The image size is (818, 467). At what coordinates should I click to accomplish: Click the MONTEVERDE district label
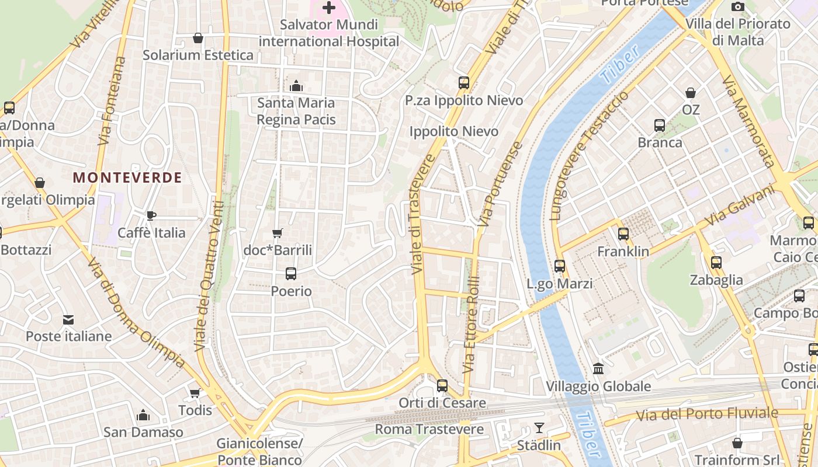tap(127, 177)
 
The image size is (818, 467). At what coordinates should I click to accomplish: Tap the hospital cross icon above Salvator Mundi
tap(329, 8)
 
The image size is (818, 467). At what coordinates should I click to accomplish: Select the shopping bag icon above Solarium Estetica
tap(198, 38)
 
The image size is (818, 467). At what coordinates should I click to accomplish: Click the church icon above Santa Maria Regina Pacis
tap(296, 86)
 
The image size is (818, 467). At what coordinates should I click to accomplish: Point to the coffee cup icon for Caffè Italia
tap(151, 216)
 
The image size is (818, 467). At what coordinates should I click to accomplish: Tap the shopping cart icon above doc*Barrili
tap(278, 233)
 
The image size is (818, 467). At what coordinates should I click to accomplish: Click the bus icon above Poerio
tap(291, 273)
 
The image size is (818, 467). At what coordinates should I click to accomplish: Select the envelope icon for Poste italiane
tap(68, 319)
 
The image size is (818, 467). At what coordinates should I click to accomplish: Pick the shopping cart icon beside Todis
tap(195, 393)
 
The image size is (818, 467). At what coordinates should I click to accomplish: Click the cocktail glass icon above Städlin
tap(539, 428)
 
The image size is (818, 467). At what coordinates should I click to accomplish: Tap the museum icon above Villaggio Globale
tap(598, 369)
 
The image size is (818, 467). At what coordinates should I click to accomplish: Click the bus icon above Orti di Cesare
tap(442, 386)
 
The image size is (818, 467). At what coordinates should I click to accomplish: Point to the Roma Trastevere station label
tap(429, 430)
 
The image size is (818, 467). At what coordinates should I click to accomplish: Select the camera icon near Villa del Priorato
tap(738, 6)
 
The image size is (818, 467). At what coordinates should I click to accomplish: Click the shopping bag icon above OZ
tap(691, 93)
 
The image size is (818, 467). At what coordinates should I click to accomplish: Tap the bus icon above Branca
tap(660, 126)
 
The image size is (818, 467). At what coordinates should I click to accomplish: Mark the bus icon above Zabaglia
tap(716, 263)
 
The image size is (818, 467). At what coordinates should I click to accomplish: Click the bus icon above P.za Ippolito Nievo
tap(464, 83)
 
